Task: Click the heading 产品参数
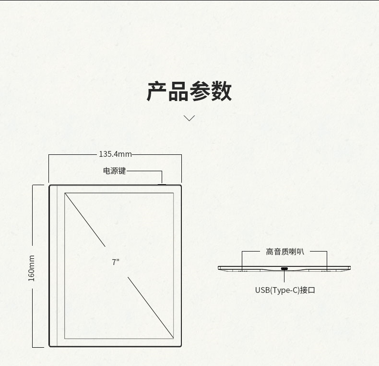(189, 91)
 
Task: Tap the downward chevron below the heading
(189, 118)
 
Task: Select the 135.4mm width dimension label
(115, 154)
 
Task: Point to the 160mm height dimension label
(32, 268)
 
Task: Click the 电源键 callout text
(114, 171)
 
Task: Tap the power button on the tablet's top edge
(162, 183)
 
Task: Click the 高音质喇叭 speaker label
(285, 252)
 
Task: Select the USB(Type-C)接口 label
(285, 290)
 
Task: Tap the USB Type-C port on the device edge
(284, 268)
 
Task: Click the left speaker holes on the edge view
(242, 271)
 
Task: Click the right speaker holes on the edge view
(327, 271)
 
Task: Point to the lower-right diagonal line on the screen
(150, 306)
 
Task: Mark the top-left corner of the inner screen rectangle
(65, 193)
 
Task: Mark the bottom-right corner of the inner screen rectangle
(173, 337)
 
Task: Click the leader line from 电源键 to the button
(144, 171)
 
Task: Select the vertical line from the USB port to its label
(284, 277)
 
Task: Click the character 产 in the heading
(157, 91)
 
